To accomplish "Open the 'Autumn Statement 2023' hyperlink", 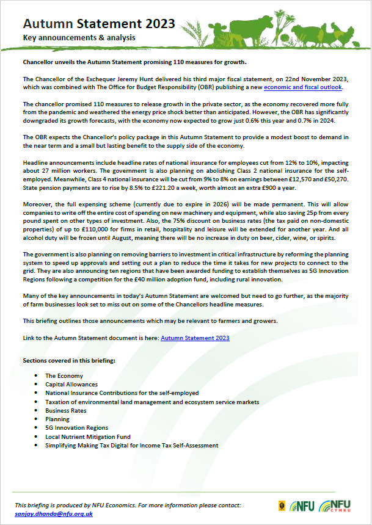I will click(x=195, y=337).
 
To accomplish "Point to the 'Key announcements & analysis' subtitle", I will click(x=79, y=38).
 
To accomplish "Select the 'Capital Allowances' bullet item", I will click(x=71, y=385).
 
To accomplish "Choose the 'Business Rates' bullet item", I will click(x=65, y=411).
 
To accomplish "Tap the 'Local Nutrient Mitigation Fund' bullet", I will click(x=87, y=437).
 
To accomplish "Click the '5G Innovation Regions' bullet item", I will click(x=76, y=429).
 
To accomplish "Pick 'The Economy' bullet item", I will click(x=64, y=376).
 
